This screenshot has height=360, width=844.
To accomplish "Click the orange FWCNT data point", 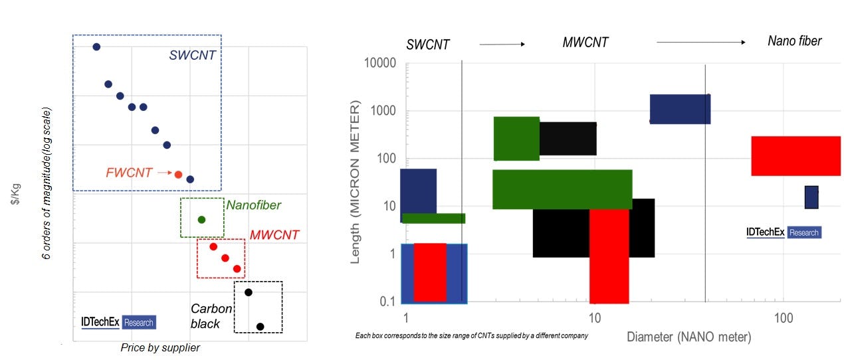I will coord(178,174).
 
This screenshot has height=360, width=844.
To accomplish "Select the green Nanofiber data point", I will coord(201,219).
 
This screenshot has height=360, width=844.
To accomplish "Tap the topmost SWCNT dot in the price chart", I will coord(96,46).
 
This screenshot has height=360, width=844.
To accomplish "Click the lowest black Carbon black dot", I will coord(260,326).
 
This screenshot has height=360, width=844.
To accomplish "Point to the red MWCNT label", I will coord(274,234).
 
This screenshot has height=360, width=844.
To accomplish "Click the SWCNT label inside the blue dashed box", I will coord(192,56).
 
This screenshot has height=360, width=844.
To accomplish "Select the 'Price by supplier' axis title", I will coord(160,347).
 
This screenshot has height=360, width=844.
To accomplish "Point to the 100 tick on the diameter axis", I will coord(784,317).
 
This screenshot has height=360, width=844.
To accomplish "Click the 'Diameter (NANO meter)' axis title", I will coord(688,337).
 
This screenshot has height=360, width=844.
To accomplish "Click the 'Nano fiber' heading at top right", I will coord(794,41).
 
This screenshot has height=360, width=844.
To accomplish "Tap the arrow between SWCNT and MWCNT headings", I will coord(502,45).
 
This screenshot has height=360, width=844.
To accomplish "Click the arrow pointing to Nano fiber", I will coord(701,43).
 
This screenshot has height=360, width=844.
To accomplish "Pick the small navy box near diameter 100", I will coord(811,197).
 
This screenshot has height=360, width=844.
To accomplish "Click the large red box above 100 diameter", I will coord(795,155).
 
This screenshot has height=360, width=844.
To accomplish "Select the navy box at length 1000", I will coord(680,109).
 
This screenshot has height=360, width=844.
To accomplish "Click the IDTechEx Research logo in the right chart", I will coord(784,232).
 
